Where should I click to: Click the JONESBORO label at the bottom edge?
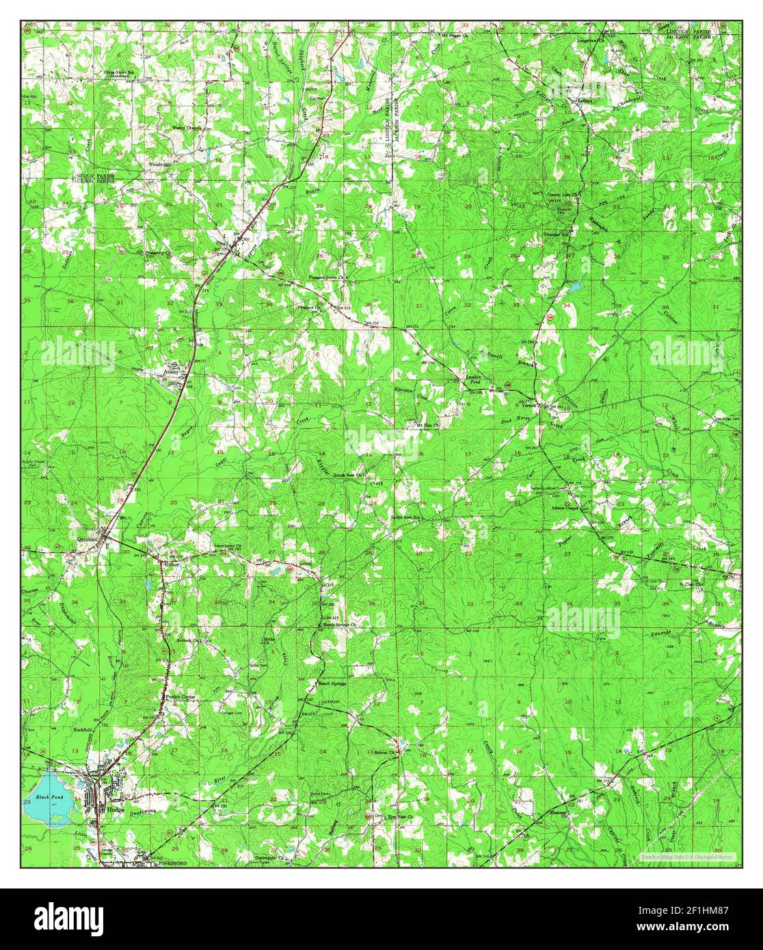click(168, 863)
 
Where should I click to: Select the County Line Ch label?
click(563, 195)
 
